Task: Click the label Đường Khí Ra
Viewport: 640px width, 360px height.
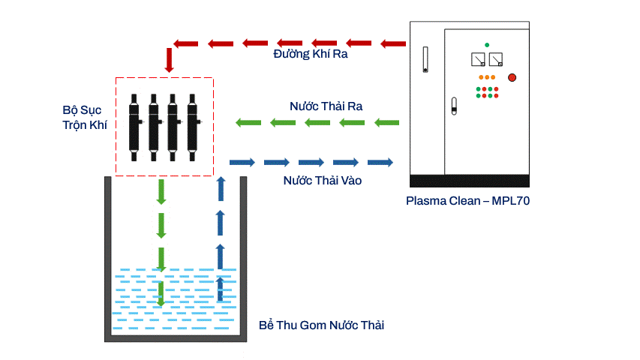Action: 310,55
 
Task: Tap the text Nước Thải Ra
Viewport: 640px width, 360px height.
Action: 326,106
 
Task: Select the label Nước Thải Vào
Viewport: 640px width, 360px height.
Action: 323,181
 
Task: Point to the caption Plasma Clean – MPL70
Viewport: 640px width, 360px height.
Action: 468,201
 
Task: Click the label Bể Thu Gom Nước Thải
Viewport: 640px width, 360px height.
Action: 322,325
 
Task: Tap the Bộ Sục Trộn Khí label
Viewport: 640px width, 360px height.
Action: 84,118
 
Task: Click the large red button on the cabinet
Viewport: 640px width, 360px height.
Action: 512,76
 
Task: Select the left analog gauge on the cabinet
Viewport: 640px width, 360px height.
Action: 476,59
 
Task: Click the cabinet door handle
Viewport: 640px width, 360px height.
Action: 453,106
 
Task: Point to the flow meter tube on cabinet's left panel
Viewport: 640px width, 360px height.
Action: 425,60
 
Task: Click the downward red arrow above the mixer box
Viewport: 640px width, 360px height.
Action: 170,59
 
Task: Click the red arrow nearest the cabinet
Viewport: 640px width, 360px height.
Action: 392,43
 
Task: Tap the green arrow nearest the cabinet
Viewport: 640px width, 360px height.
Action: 386,122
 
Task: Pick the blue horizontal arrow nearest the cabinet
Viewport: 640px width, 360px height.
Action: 380,162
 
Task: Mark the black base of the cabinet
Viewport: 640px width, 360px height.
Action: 470,181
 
